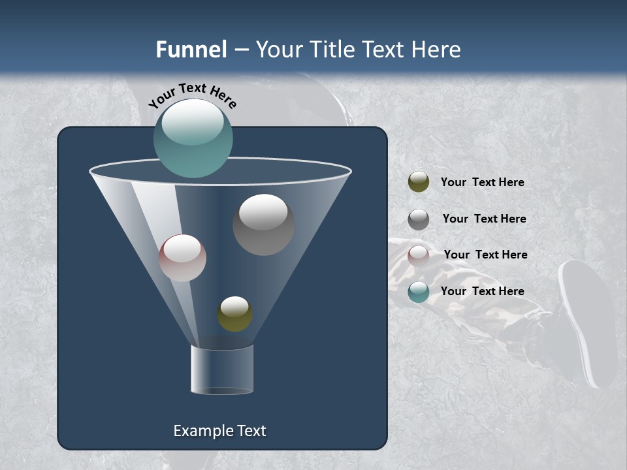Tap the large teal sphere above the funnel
tap(193, 138)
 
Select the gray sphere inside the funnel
tap(264, 225)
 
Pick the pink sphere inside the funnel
tap(182, 258)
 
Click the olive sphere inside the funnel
tap(234, 314)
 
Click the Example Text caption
tap(219, 431)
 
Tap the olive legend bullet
tap(419, 182)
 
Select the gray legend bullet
tap(419, 219)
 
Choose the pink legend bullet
tap(419, 255)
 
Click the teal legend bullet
tap(419, 292)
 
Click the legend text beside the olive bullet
tap(482, 182)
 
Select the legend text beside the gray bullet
tap(484, 219)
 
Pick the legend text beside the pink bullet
tap(485, 255)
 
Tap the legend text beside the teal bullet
tap(482, 291)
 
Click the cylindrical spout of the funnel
tap(222, 369)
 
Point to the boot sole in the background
tap(588, 320)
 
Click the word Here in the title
tap(435, 50)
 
